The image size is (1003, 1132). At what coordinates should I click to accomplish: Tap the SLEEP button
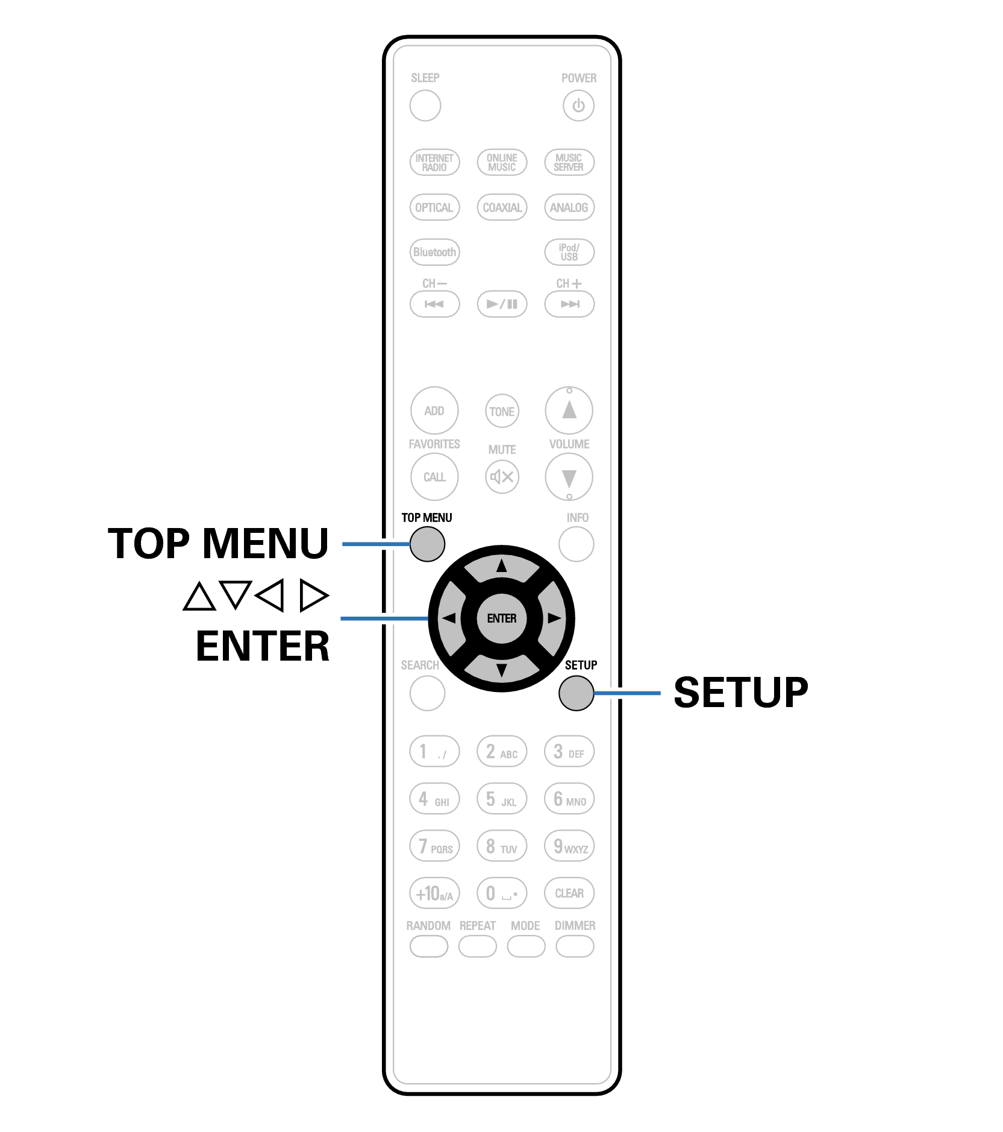425,105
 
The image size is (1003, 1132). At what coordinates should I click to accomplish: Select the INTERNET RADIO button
434,162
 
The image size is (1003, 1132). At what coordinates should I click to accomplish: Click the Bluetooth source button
434,252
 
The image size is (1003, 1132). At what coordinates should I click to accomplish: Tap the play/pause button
502,304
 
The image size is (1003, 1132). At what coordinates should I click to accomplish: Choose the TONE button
502,411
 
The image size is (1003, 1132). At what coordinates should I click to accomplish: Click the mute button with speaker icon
502,477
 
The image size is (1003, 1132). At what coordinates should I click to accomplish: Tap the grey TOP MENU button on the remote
427,544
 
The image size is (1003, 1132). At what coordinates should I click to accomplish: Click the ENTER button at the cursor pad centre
501,618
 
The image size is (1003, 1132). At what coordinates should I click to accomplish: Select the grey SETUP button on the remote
576,693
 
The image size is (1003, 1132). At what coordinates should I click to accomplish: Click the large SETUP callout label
740,693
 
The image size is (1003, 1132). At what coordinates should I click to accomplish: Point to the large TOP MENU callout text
218,544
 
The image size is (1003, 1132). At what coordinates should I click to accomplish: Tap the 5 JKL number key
502,799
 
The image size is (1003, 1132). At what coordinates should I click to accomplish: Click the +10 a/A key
434,893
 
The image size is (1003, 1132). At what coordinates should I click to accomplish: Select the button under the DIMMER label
575,946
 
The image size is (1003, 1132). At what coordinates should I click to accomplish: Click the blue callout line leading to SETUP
627,693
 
